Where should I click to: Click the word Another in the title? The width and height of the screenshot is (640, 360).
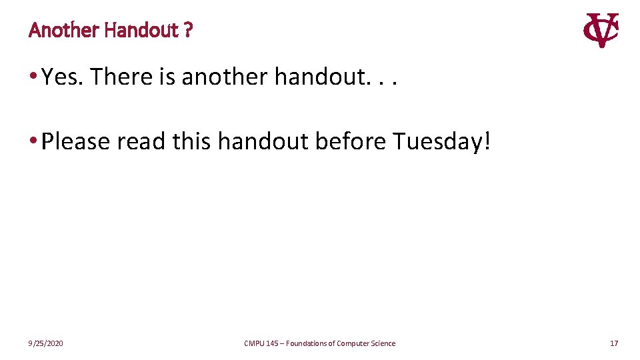[x=65, y=30]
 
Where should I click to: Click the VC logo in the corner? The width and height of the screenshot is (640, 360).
[x=601, y=30]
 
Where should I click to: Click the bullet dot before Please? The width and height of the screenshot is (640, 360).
[x=33, y=141]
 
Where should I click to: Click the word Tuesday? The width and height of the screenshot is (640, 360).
[x=436, y=141]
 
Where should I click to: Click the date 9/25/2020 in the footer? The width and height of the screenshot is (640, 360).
[x=46, y=343]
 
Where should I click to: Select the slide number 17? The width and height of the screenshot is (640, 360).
[x=614, y=343]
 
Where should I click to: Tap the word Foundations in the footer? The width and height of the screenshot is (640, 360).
[x=308, y=343]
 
